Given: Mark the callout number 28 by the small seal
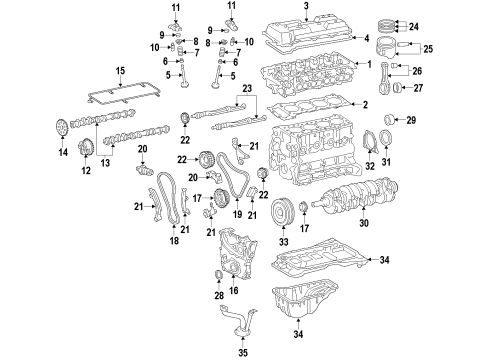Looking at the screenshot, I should click(221, 296).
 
